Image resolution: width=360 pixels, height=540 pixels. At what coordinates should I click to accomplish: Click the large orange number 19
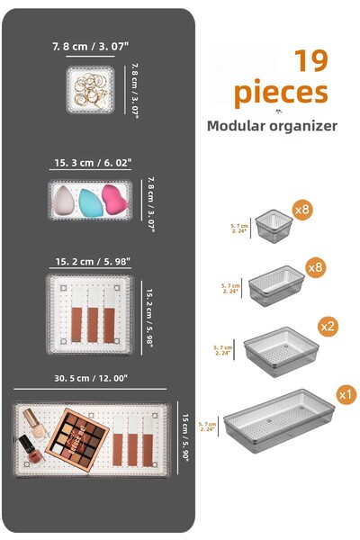coord(310,60)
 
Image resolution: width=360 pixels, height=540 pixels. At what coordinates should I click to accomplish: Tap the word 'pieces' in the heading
coord(281,93)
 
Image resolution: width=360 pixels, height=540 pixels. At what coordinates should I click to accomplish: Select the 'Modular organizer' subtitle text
coord(272,126)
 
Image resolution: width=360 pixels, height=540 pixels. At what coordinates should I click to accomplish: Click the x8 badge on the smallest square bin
coord(302,211)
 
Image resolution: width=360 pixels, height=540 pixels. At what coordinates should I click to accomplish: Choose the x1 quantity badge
coord(345,394)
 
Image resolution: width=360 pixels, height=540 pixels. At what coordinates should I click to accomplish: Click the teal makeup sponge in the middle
coord(89,200)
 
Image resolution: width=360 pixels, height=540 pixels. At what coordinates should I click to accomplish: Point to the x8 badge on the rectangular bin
coord(315,268)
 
